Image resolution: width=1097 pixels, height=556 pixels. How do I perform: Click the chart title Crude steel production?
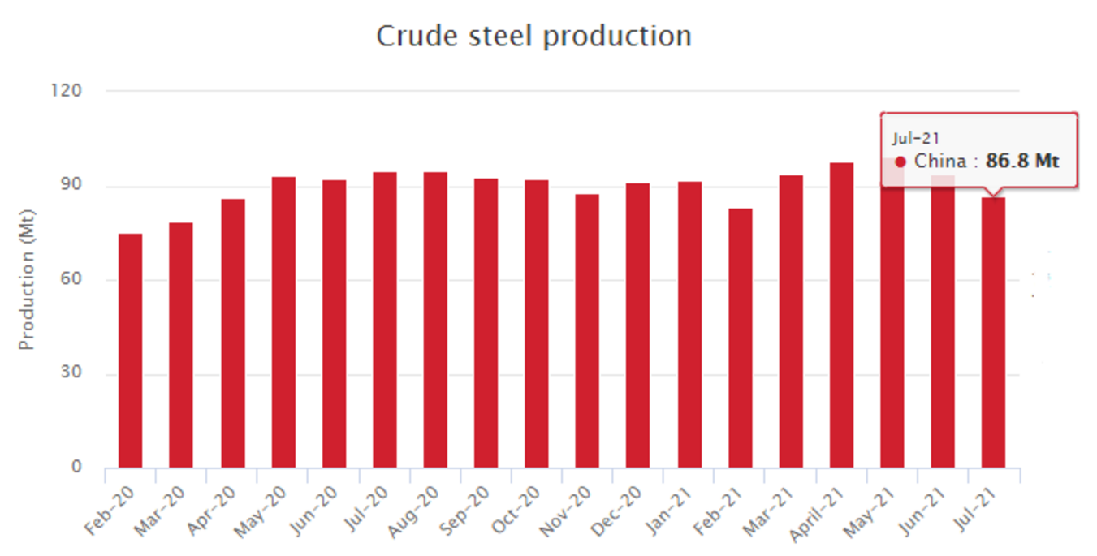pos(533,37)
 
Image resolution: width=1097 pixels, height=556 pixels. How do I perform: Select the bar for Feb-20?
pos(130,351)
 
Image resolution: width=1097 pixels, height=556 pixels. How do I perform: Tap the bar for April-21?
pos(841,315)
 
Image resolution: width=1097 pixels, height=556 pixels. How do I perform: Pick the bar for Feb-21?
pos(740,338)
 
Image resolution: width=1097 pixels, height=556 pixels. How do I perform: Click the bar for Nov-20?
pos(587,330)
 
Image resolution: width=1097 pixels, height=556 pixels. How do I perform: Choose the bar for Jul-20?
pos(384,320)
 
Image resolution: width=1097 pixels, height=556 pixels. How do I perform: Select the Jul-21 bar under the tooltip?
pos(993,333)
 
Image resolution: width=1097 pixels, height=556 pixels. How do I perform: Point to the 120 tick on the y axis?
pos(68,90)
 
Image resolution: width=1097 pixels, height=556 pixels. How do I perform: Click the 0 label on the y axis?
pos(77,468)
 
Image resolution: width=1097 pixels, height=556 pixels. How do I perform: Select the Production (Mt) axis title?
pos(28,300)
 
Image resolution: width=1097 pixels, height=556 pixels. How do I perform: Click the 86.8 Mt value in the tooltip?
pos(1021,161)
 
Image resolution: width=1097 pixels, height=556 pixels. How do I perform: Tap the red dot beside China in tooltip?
pos(900,162)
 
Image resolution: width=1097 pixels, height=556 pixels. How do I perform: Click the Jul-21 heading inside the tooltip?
pos(915,139)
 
